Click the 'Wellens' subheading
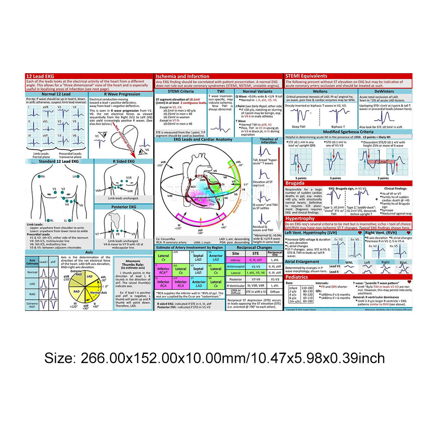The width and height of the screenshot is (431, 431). pos(319,92)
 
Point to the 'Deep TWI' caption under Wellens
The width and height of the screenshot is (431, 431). pos(299,127)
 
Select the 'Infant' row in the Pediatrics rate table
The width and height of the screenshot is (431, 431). pos(293,287)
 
